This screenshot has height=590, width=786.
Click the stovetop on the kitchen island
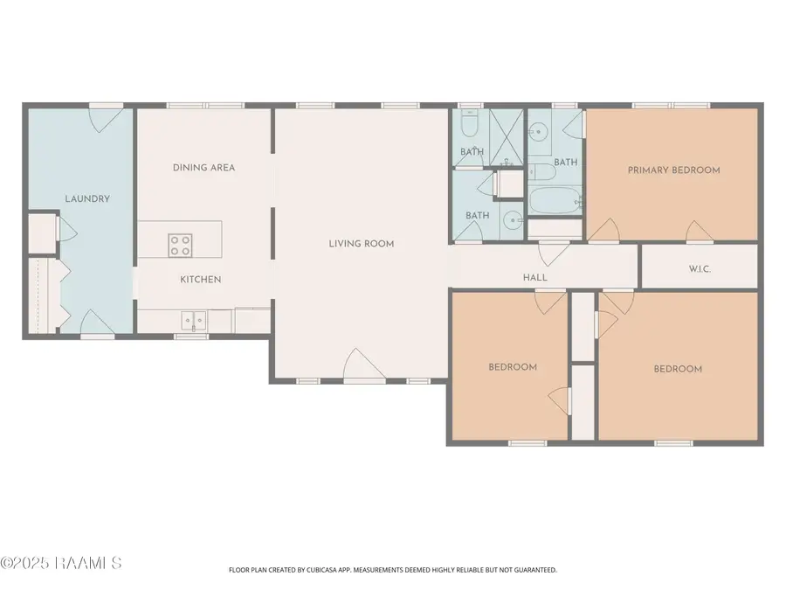click(x=180, y=245)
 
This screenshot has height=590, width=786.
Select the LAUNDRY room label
click(x=87, y=198)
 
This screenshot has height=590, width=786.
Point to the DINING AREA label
click(x=203, y=168)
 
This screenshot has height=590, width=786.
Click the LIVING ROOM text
click(x=362, y=244)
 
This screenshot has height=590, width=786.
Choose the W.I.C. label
click(x=700, y=269)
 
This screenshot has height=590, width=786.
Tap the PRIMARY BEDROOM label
click(x=673, y=170)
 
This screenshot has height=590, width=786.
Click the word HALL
click(x=535, y=278)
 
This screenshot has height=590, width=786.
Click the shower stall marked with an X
click(x=506, y=135)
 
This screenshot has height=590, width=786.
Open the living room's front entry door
click(x=364, y=367)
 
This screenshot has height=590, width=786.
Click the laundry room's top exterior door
click(x=106, y=119)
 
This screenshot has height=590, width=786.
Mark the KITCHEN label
click(x=200, y=280)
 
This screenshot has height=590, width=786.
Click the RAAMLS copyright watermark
click(x=61, y=563)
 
